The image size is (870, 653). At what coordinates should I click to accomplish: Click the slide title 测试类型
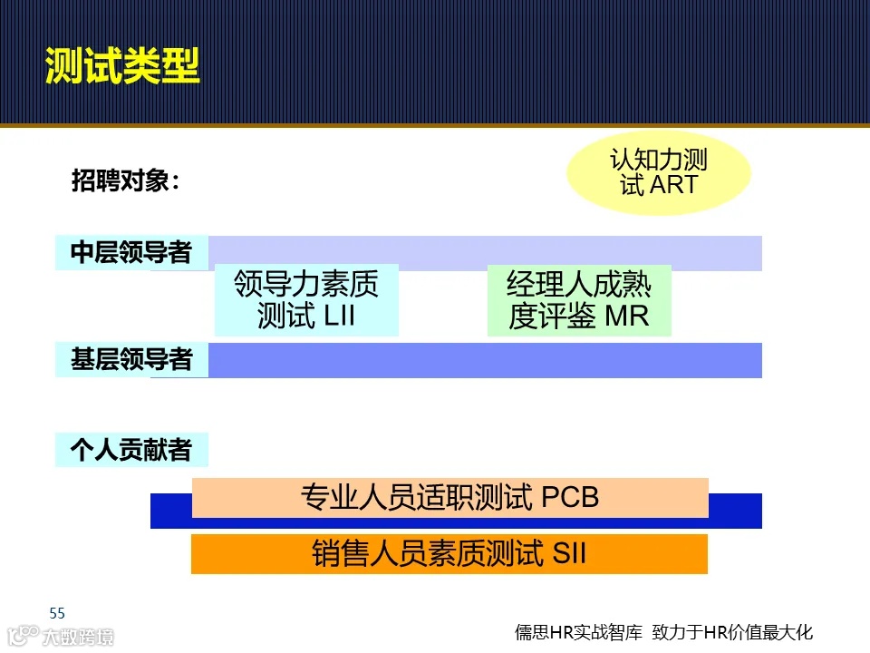tap(122, 65)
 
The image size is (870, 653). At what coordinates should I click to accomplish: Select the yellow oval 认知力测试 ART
tap(659, 172)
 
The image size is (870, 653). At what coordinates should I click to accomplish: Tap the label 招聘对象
tap(126, 180)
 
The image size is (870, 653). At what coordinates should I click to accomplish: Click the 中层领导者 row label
tap(131, 252)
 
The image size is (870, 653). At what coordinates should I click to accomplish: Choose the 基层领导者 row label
tap(131, 359)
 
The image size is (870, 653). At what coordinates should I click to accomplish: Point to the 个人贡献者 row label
tap(131, 450)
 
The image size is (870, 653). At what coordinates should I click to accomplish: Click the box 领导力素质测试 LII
tap(306, 300)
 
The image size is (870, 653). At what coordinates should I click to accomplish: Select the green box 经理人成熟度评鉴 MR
tap(579, 300)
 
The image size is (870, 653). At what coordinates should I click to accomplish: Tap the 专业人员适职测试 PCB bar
tap(449, 497)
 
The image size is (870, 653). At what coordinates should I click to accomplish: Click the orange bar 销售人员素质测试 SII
tap(449, 553)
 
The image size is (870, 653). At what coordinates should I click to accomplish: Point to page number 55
tap(57, 612)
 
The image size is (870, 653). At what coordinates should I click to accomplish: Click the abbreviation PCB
tap(570, 498)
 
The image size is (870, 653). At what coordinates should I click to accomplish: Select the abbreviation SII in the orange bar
tap(569, 553)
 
